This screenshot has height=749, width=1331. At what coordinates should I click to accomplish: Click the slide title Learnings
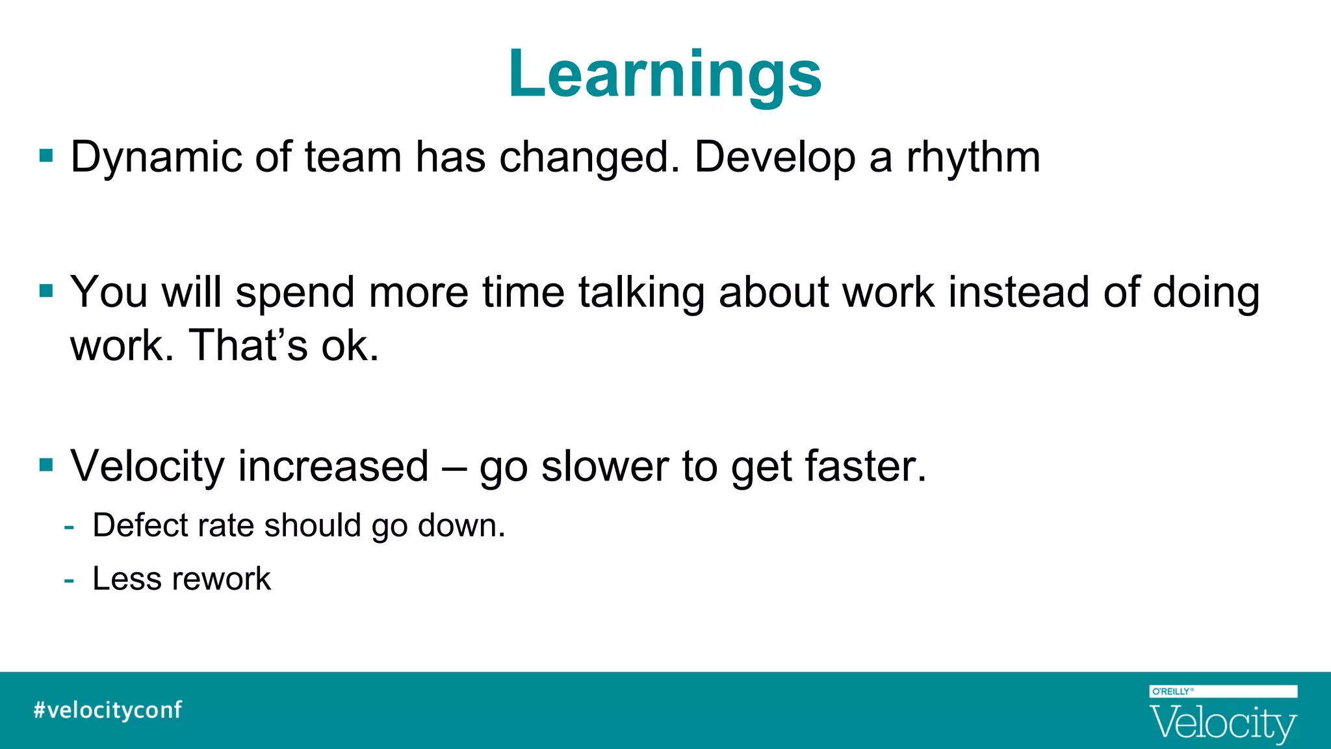click(x=665, y=74)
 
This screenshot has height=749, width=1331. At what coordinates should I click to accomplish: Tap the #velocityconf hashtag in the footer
click(x=108, y=709)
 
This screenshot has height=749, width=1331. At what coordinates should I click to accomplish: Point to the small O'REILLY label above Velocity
click(x=1172, y=691)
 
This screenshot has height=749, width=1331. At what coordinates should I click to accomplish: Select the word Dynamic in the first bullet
click(x=155, y=158)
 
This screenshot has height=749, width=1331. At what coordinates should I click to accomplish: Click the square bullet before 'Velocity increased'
click(x=46, y=465)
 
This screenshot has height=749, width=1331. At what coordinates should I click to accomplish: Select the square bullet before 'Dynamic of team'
click(x=46, y=155)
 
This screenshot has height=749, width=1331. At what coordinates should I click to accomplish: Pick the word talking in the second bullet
click(x=641, y=293)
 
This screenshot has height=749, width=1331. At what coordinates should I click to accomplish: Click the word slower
click(x=604, y=466)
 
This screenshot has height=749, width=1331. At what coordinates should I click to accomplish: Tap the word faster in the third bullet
click(x=864, y=466)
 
